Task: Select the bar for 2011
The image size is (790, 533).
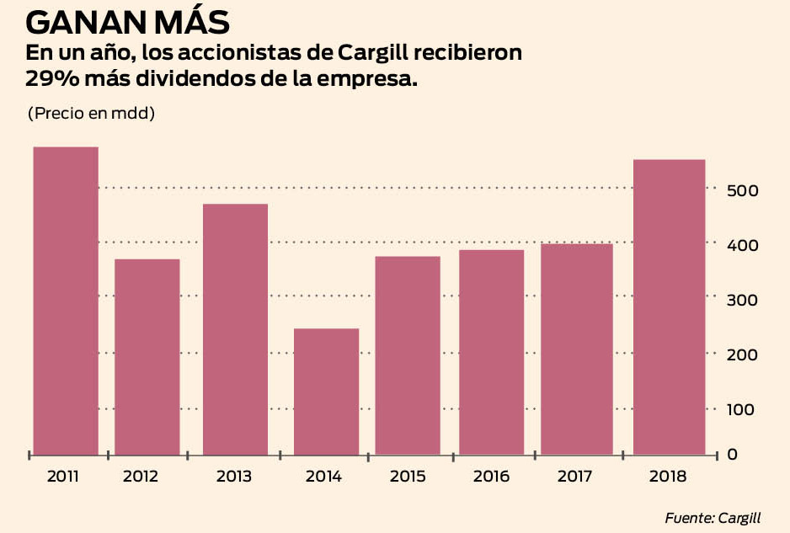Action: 66,301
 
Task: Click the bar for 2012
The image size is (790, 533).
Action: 147,357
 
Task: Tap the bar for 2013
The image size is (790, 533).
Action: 236,329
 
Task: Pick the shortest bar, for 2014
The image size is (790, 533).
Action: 327,392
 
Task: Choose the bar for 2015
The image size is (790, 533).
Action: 408,355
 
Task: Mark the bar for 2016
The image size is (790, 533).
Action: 492,352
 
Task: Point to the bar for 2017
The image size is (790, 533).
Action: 577,349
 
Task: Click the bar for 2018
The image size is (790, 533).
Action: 669,307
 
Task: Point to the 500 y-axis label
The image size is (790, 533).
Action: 743,191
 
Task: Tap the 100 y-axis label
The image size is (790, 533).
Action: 743,409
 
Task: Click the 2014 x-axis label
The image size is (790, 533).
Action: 323,477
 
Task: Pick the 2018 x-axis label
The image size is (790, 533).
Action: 669,477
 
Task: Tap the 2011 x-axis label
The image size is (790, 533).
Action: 63,477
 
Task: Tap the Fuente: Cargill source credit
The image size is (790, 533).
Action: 718,517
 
